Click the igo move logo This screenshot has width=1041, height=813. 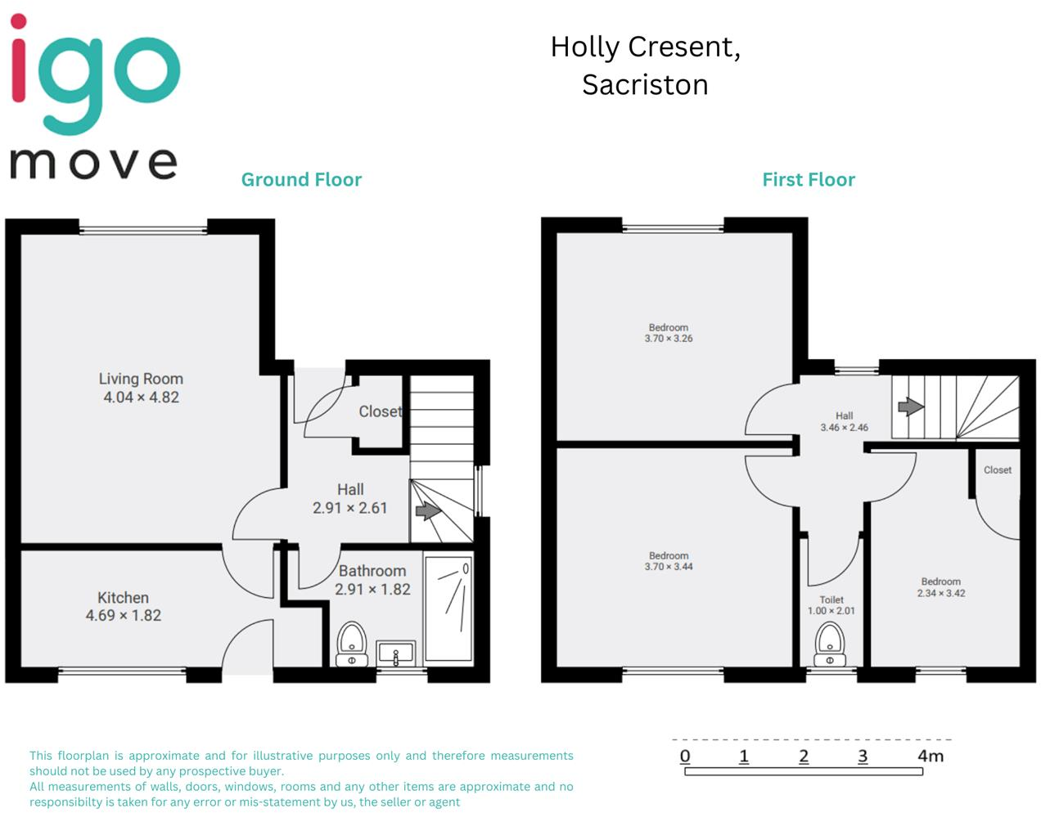pos(94,98)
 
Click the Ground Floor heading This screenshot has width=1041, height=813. pos(301,180)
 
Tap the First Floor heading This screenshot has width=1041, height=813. pos(809,180)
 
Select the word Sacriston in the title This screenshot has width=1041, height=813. pos(645,85)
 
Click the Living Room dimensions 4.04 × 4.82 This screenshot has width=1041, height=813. pos(141,398)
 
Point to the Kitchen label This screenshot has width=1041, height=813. pos(123,598)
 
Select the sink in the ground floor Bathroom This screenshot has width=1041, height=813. pos(396,653)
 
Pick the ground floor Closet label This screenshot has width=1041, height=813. pos(381,411)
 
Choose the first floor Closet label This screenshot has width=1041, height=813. pos(997,470)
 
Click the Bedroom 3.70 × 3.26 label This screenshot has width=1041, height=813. pos(669,333)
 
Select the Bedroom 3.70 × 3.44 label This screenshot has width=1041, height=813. pos(669,561)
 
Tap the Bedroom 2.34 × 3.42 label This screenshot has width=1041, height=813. pos(941,587)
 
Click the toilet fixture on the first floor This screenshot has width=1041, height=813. pos(830,645)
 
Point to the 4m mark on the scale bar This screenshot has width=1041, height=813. pos(931,757)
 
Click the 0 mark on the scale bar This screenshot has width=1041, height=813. pos(685,757)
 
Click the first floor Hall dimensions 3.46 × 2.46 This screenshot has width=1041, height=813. pos(845,428)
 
